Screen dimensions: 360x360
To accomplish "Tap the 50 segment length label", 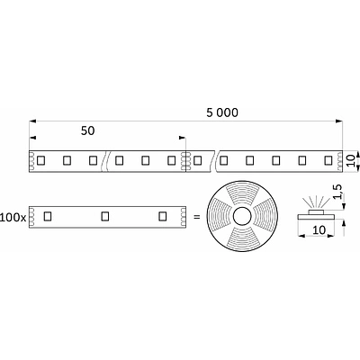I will pyautogui.click(x=87, y=130).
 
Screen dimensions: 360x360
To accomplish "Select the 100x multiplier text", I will pyautogui.click(x=13, y=217).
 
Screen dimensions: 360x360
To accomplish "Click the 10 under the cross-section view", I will pyautogui.click(x=317, y=231).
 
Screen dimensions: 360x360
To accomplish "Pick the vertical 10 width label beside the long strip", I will pyautogui.click(x=354, y=160).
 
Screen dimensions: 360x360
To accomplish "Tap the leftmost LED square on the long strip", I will pyautogui.click(x=41, y=161).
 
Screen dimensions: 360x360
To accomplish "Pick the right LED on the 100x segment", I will pyautogui.click(x=162, y=216).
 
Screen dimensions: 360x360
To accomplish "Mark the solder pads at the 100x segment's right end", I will pyautogui.click(x=182, y=216).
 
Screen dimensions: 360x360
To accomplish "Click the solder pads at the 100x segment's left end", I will pyautogui.click(x=31, y=216).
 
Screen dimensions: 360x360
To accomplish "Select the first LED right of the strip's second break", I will pyautogui.click(x=224, y=161).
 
